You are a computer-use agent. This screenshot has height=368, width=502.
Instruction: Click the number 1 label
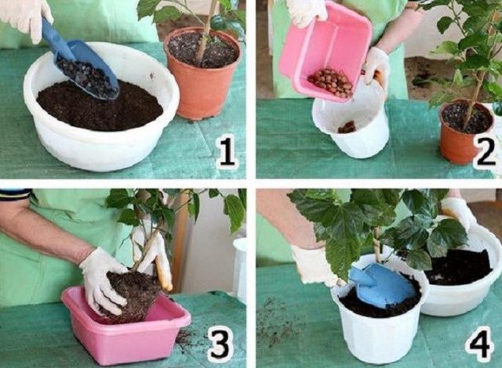227,153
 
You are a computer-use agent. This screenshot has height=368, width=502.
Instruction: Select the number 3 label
219,345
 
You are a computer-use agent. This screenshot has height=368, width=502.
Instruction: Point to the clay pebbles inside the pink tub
330,81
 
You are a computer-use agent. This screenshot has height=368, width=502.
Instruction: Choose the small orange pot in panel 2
465,131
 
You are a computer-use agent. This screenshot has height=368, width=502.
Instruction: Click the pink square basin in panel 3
125,326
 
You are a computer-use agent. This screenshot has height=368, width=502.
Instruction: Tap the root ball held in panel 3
133,295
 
